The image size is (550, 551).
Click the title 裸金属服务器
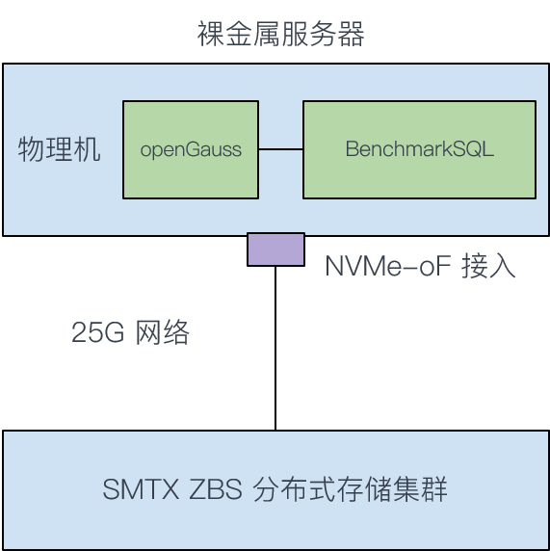tap(280, 34)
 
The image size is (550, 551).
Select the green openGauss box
tap(191, 149)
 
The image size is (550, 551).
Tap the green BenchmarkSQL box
tap(420, 149)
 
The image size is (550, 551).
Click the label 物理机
tap(59, 149)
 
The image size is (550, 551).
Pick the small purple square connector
tap(275, 249)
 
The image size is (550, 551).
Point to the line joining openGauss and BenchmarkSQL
tap(281, 149)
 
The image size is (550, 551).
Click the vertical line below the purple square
tap(275, 349)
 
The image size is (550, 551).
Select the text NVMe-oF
tap(388, 266)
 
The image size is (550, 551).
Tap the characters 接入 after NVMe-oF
tap(488, 266)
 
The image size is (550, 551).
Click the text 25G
tap(97, 332)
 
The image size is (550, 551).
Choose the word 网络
tap(163, 331)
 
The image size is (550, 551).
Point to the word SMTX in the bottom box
tap(141, 488)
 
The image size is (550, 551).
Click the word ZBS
tap(216, 488)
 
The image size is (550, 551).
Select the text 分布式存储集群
tap(350, 488)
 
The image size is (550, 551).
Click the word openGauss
tap(191, 150)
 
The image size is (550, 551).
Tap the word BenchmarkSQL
tap(420, 148)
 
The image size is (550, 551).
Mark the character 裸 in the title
tap(211, 34)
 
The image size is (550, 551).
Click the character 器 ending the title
tap(351, 34)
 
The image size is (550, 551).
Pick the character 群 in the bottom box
tap(434, 488)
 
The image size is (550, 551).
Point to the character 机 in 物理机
tap(87, 149)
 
